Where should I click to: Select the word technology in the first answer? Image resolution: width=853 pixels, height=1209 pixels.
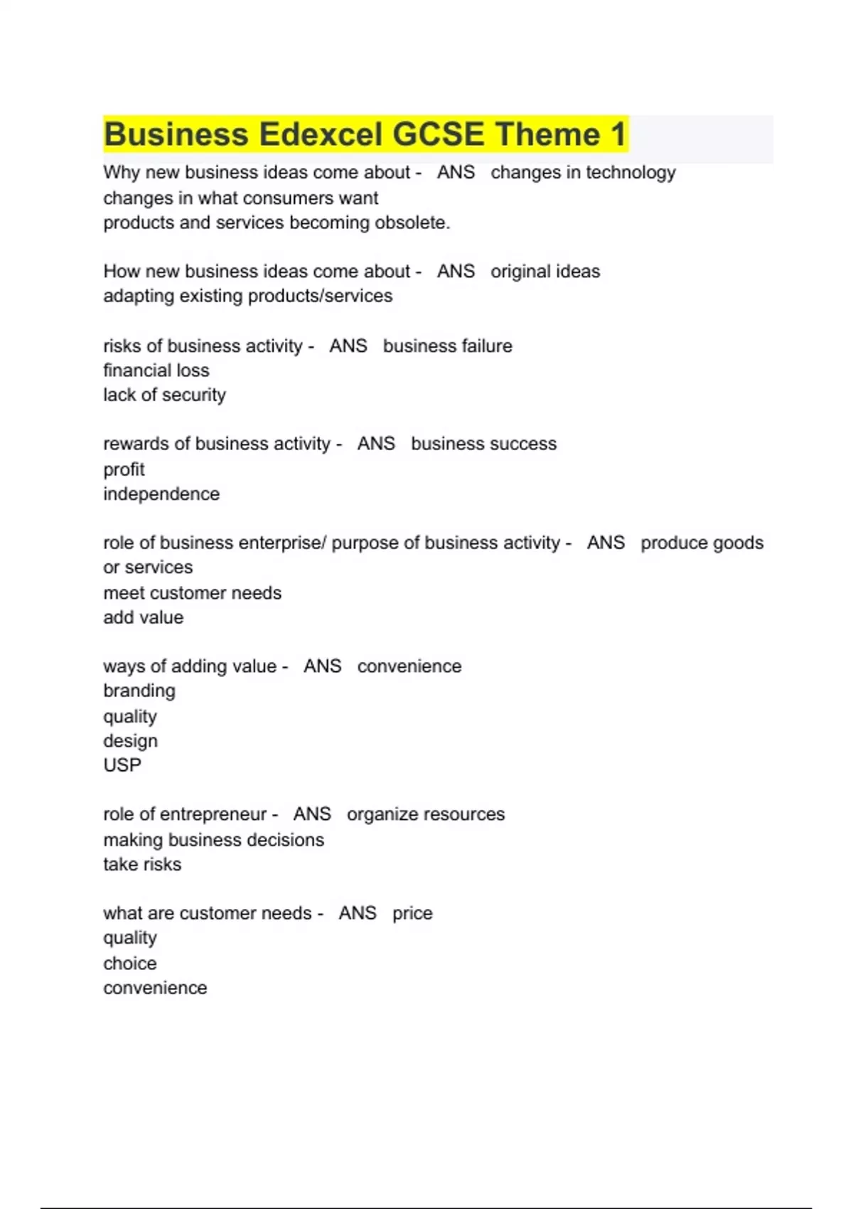pyautogui.click(x=631, y=173)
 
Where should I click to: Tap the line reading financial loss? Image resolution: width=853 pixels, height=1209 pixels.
pyautogui.click(x=156, y=371)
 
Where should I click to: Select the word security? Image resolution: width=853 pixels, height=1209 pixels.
pyautogui.click(x=194, y=395)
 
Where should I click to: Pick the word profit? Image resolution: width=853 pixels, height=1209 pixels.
pyautogui.click(x=124, y=469)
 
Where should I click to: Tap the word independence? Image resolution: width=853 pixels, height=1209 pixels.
pyautogui.click(x=161, y=494)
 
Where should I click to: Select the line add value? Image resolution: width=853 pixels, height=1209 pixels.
pyautogui.click(x=144, y=617)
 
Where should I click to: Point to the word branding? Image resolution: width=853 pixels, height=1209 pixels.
pyautogui.click(x=139, y=691)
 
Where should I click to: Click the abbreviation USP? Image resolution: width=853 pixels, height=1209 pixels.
pyautogui.click(x=122, y=765)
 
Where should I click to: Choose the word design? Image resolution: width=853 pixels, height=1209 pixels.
pyautogui.click(x=130, y=741)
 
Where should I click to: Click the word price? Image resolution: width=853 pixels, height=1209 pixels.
pyautogui.click(x=412, y=913)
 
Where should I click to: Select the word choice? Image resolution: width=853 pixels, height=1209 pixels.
pyautogui.click(x=130, y=963)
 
